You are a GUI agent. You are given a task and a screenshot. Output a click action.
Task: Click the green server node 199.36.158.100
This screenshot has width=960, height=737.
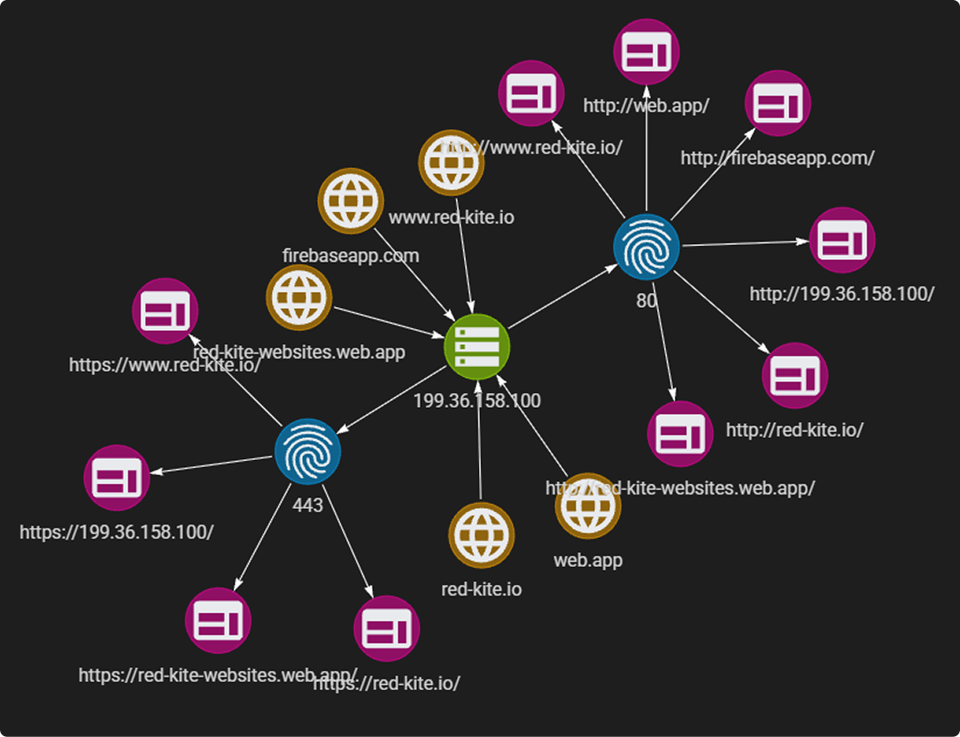[x=477, y=346]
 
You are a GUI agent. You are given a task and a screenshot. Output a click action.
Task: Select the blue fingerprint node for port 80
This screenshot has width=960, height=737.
[x=646, y=247]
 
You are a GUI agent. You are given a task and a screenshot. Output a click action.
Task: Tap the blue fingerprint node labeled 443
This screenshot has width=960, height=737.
[x=307, y=451]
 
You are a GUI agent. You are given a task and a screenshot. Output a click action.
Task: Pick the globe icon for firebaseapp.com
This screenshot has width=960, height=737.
[x=351, y=201]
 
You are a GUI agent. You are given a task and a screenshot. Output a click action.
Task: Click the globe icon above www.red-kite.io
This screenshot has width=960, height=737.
[x=452, y=163]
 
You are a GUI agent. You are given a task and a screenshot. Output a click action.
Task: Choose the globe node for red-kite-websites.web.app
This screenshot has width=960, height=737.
[x=299, y=297]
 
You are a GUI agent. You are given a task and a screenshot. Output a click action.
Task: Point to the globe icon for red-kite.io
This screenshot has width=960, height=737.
[x=482, y=535]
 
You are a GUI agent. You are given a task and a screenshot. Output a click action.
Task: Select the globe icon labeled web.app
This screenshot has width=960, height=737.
[x=588, y=505]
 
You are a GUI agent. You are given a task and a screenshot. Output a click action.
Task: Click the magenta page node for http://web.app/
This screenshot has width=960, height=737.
[x=646, y=51]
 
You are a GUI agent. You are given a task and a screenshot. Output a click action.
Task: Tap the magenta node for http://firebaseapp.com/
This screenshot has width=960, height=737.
[x=778, y=103]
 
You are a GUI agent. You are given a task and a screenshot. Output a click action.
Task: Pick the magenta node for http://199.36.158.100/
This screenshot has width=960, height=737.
[x=842, y=240]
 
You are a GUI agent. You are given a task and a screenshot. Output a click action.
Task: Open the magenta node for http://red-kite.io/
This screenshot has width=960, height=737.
[x=795, y=375]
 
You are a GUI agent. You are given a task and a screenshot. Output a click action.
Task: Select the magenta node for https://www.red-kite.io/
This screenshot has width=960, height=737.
[x=165, y=311]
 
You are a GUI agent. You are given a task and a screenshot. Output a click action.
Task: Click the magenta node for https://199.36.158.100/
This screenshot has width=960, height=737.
[x=117, y=478]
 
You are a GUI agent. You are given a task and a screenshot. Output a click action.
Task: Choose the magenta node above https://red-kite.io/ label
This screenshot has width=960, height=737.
[x=387, y=628]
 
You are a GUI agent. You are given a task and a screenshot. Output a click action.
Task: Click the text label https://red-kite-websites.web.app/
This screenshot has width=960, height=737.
[x=218, y=675]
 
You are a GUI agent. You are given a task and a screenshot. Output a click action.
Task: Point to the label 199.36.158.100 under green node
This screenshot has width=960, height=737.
[x=476, y=401]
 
